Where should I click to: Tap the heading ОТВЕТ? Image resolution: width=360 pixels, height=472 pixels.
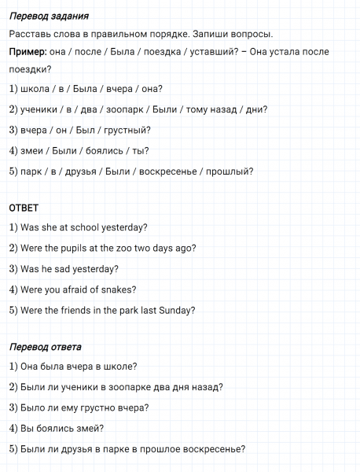pos(23,208)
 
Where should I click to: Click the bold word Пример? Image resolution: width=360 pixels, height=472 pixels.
pos(27,51)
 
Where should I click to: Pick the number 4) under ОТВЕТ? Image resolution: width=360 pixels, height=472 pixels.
pos(13,289)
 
